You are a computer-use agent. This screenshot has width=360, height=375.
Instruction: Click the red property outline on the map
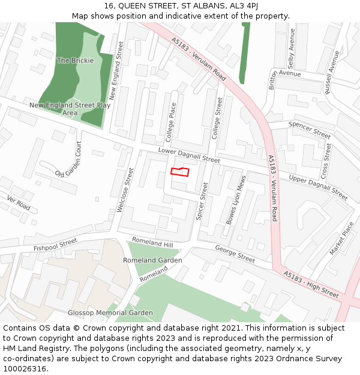click(180, 172)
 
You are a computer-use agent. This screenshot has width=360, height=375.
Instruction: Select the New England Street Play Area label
click(70, 109)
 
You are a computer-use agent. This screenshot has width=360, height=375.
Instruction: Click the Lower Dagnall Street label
click(189, 155)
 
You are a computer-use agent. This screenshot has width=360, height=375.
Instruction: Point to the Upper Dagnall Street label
click(318, 188)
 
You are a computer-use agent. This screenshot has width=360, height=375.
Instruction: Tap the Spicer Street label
click(202, 205)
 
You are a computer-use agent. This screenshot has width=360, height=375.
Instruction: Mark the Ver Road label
click(18, 202)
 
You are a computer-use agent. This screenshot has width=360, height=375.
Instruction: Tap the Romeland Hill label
click(152, 242)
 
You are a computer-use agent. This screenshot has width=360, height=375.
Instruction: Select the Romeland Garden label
click(152, 260)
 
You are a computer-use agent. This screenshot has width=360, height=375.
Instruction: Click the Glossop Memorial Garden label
click(110, 313)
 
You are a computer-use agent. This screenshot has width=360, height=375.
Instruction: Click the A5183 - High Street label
click(311, 284)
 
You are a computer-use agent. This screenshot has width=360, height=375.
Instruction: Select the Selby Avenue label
click(291, 55)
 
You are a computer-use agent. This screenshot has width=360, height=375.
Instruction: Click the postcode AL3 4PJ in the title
click(244, 6)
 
